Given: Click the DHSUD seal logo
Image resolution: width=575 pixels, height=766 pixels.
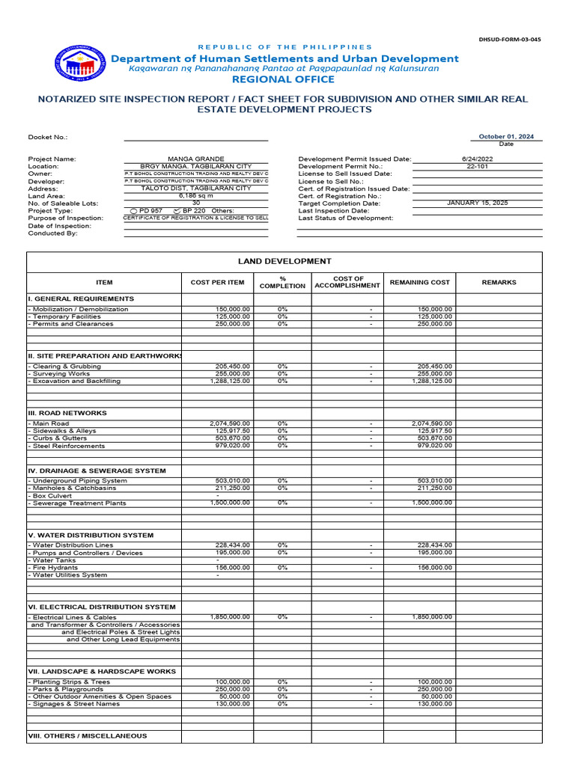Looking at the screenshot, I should pos(75,63).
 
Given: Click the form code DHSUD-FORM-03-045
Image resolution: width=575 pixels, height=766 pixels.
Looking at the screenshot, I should pos(510,39).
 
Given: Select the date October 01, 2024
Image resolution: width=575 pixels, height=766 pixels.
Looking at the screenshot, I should pos(507,137).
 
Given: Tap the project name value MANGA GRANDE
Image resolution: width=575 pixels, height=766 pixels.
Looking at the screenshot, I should pos(195,159).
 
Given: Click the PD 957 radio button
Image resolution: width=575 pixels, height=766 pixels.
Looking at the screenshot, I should pos(134,211).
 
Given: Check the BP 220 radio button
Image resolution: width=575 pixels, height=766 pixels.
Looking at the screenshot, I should pos(177,211).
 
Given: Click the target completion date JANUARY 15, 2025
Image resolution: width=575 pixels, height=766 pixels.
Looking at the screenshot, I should pos(477,203).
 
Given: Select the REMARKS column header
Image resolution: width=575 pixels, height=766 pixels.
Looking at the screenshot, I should pos(499,282).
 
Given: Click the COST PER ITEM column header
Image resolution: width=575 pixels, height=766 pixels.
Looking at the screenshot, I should pos(217,282).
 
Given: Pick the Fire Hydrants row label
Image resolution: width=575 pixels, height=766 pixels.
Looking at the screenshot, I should pos(55,568).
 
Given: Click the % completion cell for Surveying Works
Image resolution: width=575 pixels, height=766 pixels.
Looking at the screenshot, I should pos(282,373).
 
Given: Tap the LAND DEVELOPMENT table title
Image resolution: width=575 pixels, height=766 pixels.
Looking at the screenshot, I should pos(285,261).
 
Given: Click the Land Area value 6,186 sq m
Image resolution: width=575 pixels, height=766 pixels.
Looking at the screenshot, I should pos(195,195).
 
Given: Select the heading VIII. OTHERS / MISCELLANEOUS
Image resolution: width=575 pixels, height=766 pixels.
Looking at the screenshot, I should pos(88,735).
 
